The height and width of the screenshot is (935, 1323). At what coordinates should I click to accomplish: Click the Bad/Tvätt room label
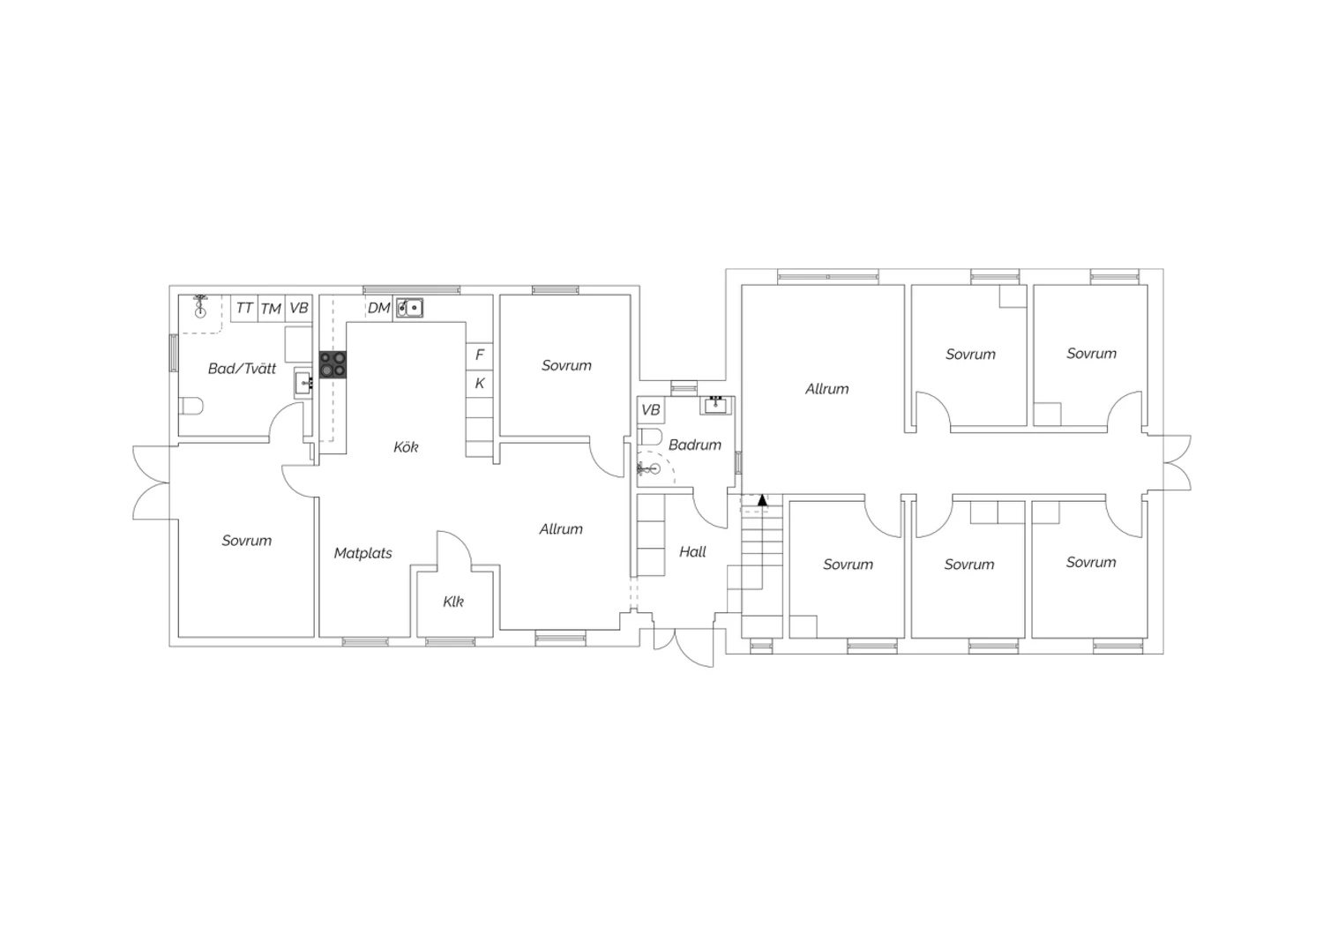pos(243,369)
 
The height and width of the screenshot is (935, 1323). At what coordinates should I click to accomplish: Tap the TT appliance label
pos(244,308)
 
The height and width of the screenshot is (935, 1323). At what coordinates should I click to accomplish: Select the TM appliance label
pos(271,309)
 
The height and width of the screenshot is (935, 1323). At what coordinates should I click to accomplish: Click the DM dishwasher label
pos(378,308)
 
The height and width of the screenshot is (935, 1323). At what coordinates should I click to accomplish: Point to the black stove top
pos(333,364)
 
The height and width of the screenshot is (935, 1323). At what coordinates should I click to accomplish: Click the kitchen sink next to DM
pos(409,308)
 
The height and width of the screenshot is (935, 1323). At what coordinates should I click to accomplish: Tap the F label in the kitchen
pos(480,355)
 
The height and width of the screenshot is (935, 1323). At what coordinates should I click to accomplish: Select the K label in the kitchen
pos(480,384)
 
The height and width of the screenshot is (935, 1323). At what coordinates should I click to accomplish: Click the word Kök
pos(406,447)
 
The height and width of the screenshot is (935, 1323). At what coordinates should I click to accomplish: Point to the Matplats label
pos(363,553)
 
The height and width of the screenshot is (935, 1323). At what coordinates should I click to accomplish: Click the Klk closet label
pos(453,602)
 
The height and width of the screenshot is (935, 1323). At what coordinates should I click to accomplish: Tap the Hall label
pos(692,551)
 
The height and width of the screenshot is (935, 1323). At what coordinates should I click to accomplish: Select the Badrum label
pos(695,445)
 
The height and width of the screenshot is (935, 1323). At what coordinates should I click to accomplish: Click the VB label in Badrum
pos(650,410)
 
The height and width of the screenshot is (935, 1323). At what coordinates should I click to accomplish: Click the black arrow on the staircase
pos(763,499)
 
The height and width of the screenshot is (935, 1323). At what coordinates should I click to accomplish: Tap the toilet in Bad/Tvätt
pos(191,407)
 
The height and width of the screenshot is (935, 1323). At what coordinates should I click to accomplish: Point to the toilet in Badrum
pos(649,438)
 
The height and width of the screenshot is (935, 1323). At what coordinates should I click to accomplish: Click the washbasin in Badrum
pos(716,405)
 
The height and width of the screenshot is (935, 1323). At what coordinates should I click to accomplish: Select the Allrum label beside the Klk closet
pos(560,529)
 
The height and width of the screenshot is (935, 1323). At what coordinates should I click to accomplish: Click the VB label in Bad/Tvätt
pos(299,308)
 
